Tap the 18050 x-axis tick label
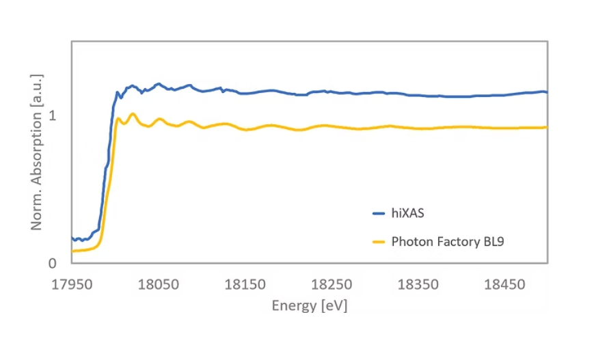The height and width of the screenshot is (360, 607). point(157,283)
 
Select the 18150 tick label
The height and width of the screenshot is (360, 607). point(244,283)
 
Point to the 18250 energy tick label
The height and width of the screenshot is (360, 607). point(331,283)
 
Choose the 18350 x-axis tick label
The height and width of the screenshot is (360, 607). point(417,283)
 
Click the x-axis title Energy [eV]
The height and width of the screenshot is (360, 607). point(309,305)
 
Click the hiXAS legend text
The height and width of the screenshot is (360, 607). point(408,213)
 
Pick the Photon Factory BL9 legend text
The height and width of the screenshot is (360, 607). point(448,241)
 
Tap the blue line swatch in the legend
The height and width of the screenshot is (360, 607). point(379,213)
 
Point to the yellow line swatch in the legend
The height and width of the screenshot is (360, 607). point(379,241)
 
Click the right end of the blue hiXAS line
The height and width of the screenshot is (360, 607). point(547,92)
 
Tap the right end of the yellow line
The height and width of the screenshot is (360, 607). point(547,127)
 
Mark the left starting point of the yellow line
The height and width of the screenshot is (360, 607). point(72,251)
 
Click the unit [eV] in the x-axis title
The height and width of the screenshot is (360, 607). point(334,305)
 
